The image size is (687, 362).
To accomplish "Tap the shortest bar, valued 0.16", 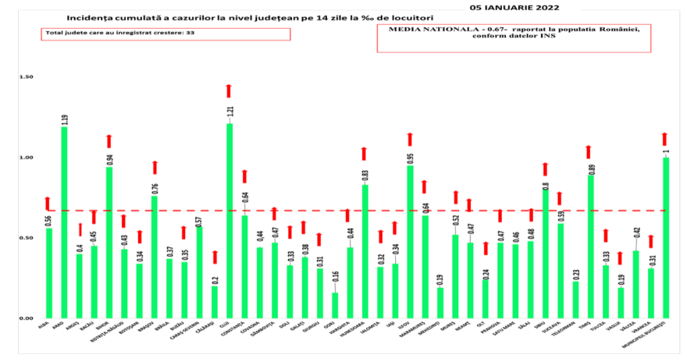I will tap(334, 305).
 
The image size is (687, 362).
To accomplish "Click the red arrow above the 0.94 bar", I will tap(109, 141).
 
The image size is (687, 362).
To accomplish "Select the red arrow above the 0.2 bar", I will tap(215, 257).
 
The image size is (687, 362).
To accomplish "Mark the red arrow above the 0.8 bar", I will tap(545, 169).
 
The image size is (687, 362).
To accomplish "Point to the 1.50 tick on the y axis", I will tap(27, 78).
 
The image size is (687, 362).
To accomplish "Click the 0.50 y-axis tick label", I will tap(27, 238).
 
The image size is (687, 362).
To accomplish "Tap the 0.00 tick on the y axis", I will tap(27, 318).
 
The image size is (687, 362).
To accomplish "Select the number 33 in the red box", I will tap(190, 34).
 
